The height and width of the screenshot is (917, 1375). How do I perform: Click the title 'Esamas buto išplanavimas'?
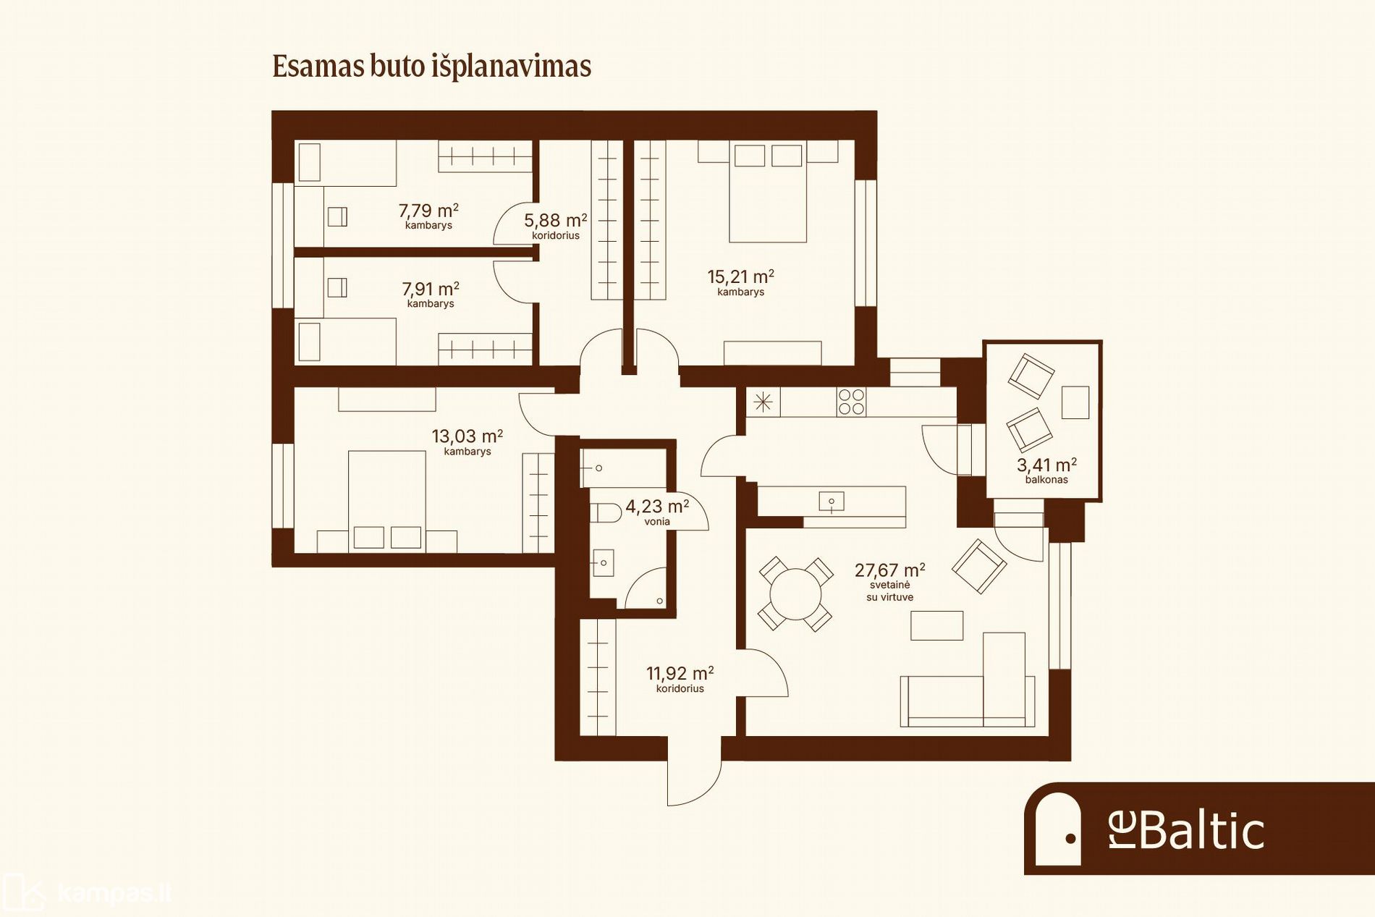431,66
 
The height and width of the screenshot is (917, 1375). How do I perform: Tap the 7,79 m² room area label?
428,216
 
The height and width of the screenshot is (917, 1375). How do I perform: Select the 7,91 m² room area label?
431,294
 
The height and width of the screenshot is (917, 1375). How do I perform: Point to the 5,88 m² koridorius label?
556,226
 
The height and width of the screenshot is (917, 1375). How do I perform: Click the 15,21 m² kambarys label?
740,282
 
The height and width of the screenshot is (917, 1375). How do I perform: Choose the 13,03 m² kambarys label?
467,441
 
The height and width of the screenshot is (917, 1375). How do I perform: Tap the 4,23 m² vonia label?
657,512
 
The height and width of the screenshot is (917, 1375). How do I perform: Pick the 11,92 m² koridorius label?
680,679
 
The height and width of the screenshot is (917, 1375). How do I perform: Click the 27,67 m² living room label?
889,581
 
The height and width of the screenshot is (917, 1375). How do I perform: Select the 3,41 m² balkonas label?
1046,470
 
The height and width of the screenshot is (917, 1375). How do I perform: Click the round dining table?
795,594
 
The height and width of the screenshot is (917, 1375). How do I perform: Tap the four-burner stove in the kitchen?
851,402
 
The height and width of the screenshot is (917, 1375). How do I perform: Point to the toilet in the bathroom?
606,513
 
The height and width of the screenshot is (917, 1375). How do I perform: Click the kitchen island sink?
832,500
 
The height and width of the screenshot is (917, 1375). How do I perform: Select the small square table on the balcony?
1075,402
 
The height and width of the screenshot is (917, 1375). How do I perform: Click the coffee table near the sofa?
936,626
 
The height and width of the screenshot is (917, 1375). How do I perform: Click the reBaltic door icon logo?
1058,829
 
